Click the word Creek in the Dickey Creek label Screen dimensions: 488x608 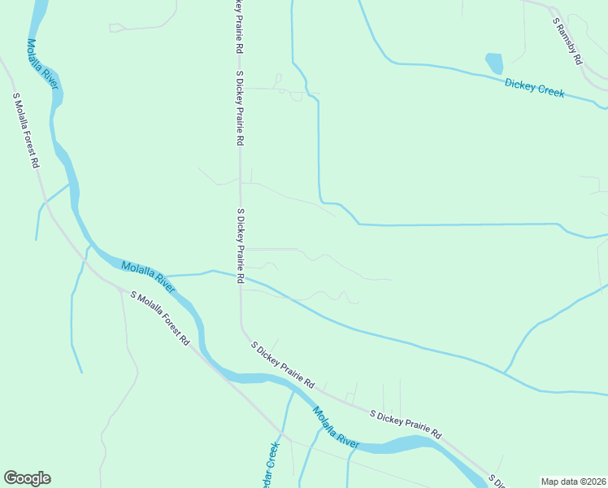tap(549, 90)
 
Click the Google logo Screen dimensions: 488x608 tap(27, 478)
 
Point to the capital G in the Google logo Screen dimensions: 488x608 tap(10, 477)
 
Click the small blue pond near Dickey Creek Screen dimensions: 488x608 tap(494, 63)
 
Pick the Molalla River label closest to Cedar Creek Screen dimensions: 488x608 tap(336, 429)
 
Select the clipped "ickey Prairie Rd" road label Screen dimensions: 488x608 tap(238, 28)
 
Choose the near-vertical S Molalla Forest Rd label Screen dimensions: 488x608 tap(25, 130)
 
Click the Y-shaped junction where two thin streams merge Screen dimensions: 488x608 tap(505, 373)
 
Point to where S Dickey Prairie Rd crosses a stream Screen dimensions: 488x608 tap(240, 277)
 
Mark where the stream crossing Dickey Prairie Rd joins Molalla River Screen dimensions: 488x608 tap(167, 277)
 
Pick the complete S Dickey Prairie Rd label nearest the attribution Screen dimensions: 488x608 tap(405, 424)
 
